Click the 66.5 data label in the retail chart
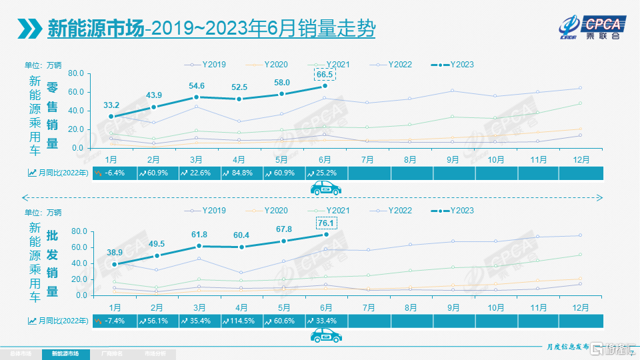(325, 74)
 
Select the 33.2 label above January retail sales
(111, 105)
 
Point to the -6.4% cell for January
(111, 173)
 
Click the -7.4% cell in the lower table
(111, 321)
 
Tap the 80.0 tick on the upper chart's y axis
(75, 73)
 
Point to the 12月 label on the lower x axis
(580, 307)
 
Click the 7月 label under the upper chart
(367, 159)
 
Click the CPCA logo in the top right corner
(591, 27)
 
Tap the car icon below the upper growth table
(326, 189)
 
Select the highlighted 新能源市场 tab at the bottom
(65, 353)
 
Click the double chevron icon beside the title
(30, 28)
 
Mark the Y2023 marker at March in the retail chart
(197, 97)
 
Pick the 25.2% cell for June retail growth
(325, 173)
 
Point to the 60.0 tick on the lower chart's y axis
(75, 247)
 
